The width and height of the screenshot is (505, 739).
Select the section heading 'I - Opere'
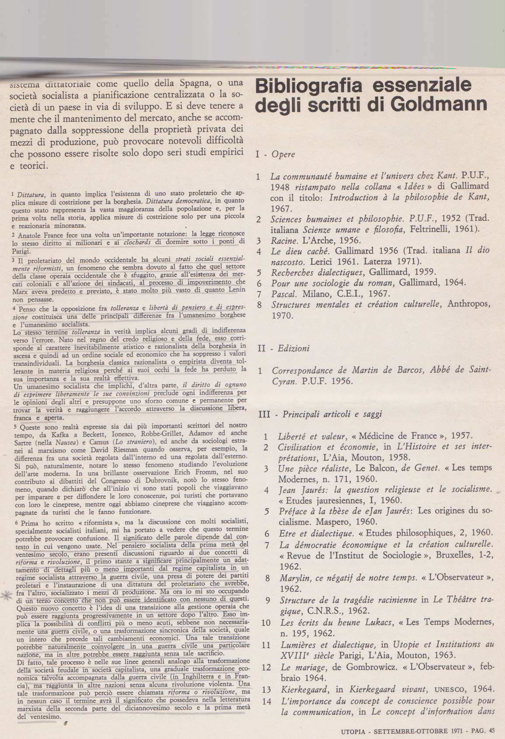point(275,154)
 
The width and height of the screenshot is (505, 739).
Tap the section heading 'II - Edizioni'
point(284,348)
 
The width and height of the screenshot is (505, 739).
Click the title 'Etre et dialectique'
point(316,533)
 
